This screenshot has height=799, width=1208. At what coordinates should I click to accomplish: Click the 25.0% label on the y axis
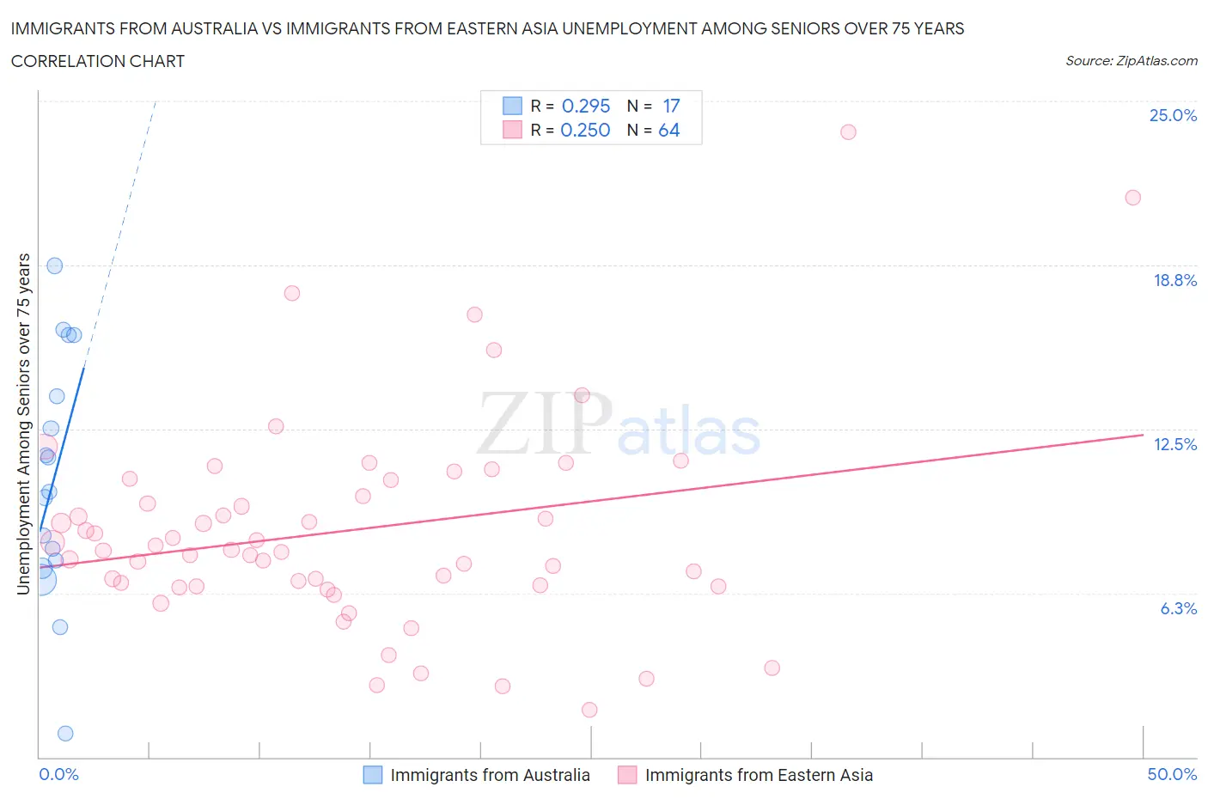(x=1173, y=116)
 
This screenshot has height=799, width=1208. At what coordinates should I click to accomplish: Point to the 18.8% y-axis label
(x=1174, y=280)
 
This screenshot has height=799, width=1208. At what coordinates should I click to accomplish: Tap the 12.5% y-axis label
(x=1174, y=444)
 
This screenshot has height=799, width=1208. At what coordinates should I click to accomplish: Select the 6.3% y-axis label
(x=1178, y=608)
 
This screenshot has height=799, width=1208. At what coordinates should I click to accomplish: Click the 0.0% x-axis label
(x=58, y=774)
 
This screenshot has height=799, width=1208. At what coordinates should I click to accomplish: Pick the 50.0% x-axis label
(x=1172, y=774)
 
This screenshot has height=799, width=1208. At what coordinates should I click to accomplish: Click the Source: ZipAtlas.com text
(x=1131, y=61)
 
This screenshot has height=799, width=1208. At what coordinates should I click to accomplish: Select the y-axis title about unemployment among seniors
(x=24, y=424)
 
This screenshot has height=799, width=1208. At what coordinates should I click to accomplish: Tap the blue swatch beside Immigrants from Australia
(x=372, y=775)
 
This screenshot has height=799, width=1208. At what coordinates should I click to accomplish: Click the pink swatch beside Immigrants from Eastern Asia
(x=627, y=775)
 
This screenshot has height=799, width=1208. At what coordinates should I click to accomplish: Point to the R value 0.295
(x=585, y=106)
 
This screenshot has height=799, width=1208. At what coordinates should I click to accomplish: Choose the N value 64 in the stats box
(x=668, y=130)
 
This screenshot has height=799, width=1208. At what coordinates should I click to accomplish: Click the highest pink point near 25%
(x=848, y=131)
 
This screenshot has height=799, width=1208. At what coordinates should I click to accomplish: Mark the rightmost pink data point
(x=1132, y=198)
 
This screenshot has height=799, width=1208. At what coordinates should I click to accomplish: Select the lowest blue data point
(x=65, y=733)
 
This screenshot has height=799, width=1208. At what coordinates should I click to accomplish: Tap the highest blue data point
(x=54, y=265)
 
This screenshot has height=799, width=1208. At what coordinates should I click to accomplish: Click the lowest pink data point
(x=589, y=710)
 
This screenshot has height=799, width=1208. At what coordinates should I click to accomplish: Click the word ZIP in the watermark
(x=544, y=424)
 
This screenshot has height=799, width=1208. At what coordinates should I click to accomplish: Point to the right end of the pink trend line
(x=1143, y=435)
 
